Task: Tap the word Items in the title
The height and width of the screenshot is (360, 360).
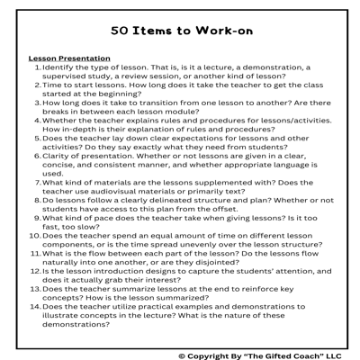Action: tap(159, 30)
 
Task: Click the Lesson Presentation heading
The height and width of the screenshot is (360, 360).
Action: tap(69, 58)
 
